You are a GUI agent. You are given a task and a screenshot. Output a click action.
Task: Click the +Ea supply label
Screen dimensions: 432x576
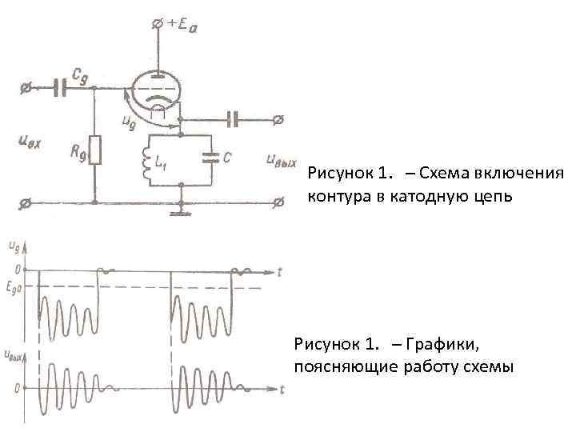180,26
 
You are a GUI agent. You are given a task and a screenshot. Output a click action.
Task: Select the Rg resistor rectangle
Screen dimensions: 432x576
95,150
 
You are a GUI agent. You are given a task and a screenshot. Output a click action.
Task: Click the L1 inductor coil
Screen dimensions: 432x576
146,159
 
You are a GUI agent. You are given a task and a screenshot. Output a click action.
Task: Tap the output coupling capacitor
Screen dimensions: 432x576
233,120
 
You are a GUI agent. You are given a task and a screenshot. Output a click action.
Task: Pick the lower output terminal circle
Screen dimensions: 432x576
278,202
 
